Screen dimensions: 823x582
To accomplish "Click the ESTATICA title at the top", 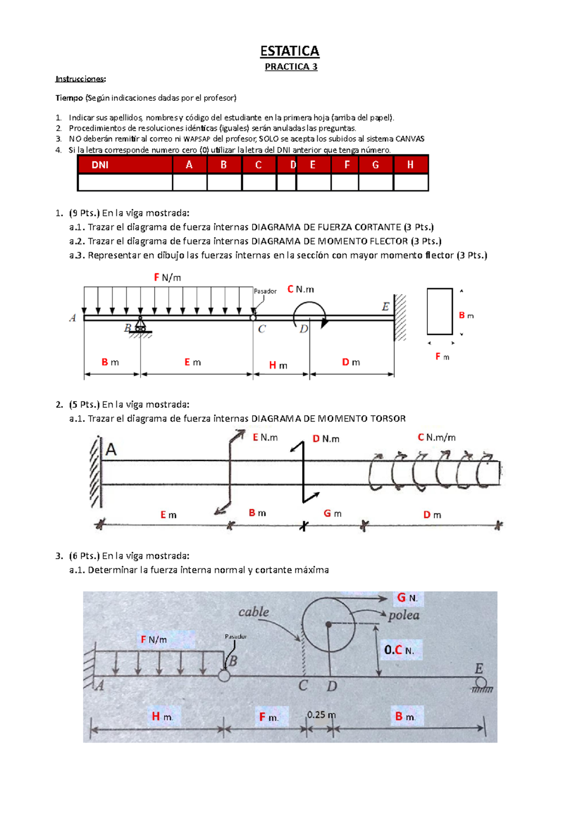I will (290, 51).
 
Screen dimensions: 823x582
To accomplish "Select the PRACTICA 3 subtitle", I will (291, 67).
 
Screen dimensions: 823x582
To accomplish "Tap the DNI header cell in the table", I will (100, 165).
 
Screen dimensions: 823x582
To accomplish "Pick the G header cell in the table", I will (375, 165).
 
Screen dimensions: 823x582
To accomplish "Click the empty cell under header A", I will (189, 182).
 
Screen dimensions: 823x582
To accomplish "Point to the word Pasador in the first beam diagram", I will (265, 291).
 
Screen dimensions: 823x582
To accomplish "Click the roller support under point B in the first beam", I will (141, 325).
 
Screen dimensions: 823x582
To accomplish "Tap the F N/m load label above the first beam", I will (167, 277).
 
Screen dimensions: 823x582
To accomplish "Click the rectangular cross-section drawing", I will (439, 311).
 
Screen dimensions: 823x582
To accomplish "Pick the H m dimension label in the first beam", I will (278, 365).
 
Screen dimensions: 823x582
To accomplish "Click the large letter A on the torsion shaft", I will (111, 450).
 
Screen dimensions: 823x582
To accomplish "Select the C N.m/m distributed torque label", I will (436, 438).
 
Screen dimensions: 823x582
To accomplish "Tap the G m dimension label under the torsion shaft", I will (333, 513).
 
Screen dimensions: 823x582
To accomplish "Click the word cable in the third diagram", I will (254, 612).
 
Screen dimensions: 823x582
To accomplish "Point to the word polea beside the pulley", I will (404, 615).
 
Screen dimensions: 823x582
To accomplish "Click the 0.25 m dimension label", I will (321, 715).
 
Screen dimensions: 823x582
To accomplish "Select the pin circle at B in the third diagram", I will (224, 675).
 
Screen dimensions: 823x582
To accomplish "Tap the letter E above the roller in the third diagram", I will (479, 669).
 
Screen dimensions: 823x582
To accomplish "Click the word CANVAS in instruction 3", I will (410, 139).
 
